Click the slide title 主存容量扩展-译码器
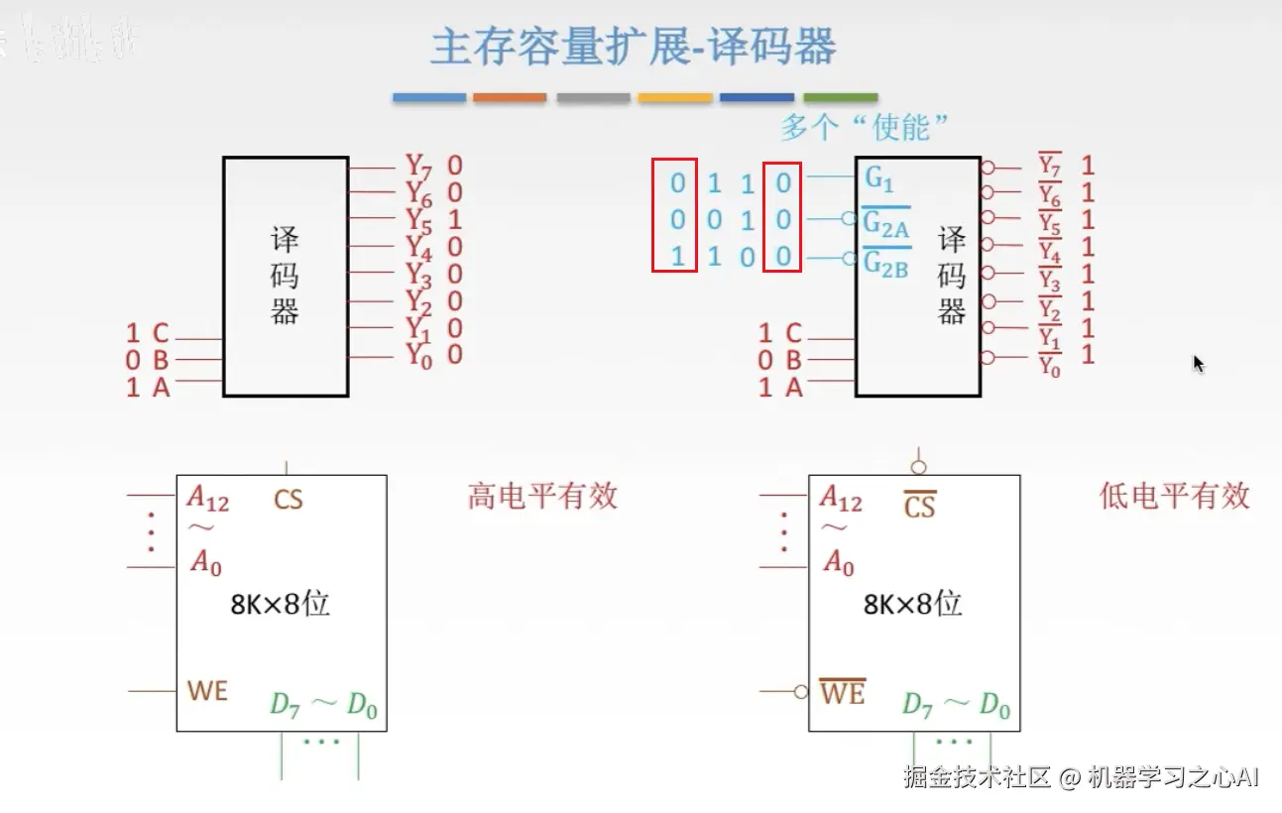point(633,48)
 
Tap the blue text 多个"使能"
point(865,127)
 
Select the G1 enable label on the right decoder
point(879,179)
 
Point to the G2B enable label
point(885,264)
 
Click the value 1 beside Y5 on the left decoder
point(454,219)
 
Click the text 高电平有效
point(542,496)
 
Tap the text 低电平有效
point(1174,496)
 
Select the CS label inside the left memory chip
point(289,499)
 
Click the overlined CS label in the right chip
point(920,507)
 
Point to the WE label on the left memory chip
point(207,690)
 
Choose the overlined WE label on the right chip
point(842,692)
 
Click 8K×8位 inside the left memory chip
point(280,604)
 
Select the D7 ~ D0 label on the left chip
point(323,705)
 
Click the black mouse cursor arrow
point(1198,363)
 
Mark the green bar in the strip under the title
point(840,98)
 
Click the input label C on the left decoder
point(160,333)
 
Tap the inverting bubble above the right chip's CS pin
point(919,467)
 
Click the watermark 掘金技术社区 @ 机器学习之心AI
point(1081,776)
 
